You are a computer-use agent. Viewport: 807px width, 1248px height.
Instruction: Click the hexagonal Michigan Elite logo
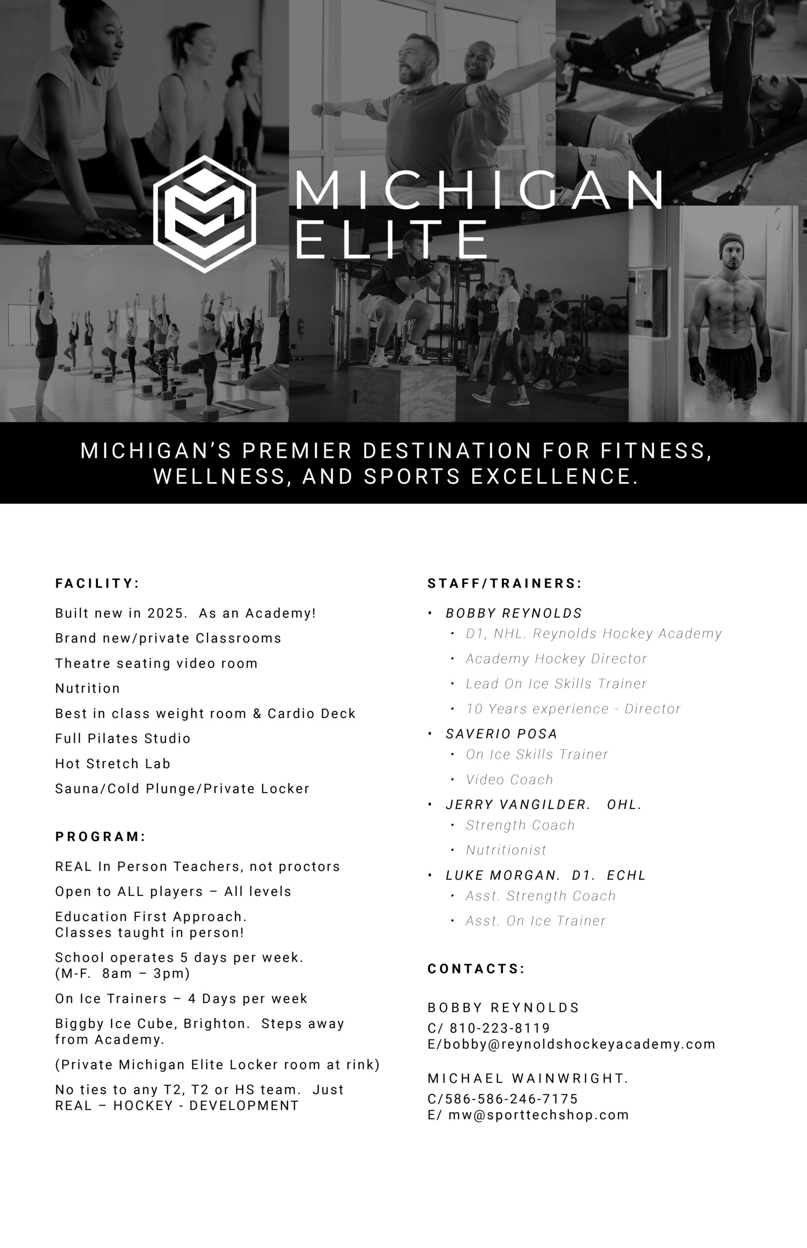204,214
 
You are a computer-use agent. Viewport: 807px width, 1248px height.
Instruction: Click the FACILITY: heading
97,584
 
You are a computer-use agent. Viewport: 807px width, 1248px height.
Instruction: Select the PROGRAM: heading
100,837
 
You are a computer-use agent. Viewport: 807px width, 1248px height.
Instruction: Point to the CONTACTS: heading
476,969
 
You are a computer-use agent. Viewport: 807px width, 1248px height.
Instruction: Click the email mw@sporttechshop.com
538,1114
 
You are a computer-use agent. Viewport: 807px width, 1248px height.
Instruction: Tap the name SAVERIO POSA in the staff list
501,734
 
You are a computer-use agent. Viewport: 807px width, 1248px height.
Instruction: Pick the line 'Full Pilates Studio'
123,739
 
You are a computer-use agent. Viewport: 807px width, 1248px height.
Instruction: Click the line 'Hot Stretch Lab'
113,764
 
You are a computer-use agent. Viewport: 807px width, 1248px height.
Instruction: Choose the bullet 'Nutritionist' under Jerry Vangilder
506,850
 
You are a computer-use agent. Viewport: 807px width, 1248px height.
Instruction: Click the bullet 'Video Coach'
509,780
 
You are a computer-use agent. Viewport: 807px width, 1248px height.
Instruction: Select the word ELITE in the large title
392,239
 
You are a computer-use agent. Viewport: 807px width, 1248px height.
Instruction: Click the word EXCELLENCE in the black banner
555,476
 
